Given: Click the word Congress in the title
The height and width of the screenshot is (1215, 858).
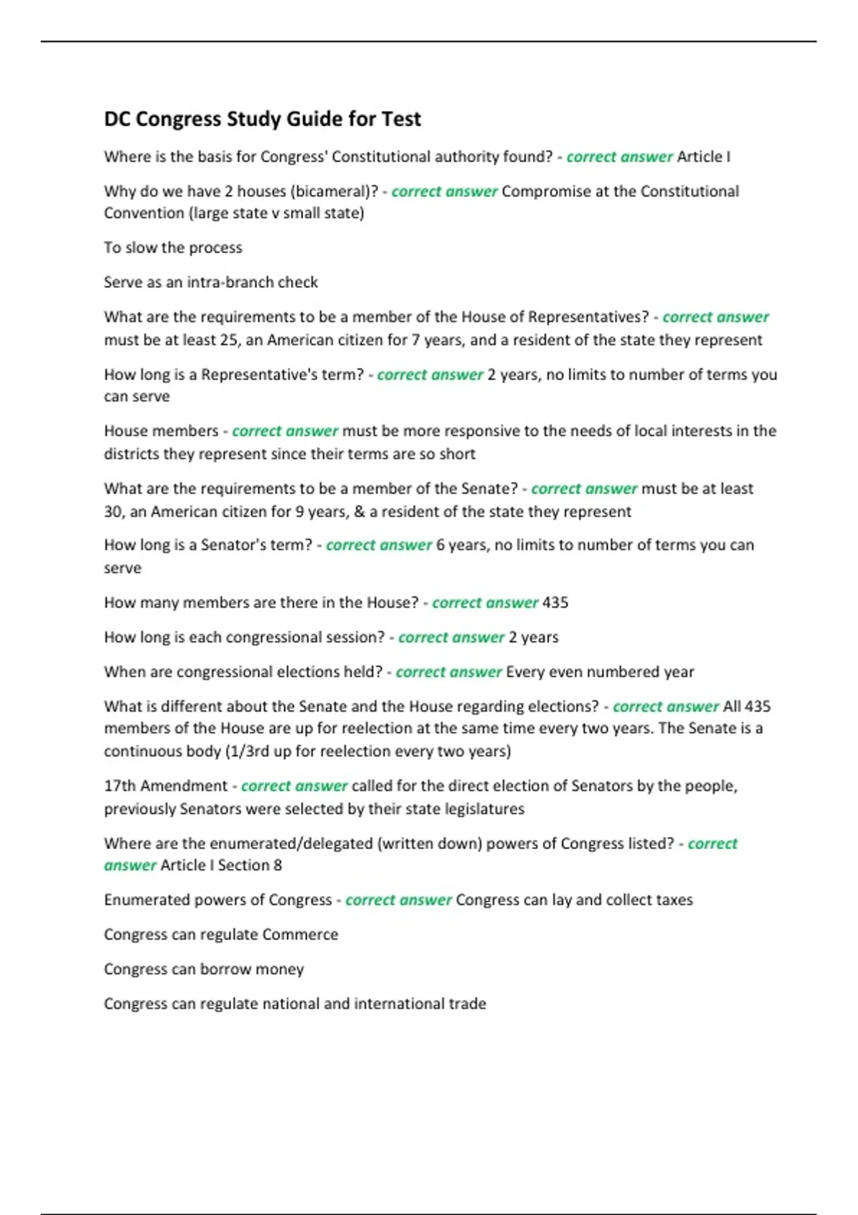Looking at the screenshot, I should [x=178, y=119].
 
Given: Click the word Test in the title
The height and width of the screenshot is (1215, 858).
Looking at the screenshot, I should [x=401, y=119].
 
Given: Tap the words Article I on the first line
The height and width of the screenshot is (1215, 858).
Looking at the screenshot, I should [x=704, y=157].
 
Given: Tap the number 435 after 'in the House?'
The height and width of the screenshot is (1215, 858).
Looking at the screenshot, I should [x=555, y=602].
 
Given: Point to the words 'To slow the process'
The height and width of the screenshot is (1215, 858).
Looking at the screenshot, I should [x=173, y=248].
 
